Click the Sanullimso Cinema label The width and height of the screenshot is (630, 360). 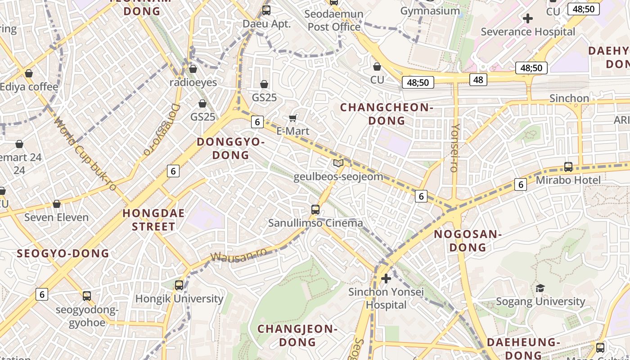(x=315, y=223)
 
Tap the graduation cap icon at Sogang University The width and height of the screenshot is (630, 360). (x=540, y=288)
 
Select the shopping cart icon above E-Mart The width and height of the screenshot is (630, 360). (x=293, y=118)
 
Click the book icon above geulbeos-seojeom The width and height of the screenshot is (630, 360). (x=338, y=163)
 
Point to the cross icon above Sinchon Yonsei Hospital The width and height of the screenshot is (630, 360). (x=386, y=279)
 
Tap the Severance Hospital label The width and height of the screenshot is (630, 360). (x=528, y=32)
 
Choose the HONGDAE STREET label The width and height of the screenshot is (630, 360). (x=154, y=220)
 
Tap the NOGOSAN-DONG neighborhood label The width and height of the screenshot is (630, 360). (x=468, y=241)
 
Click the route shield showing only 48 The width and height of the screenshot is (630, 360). (x=478, y=80)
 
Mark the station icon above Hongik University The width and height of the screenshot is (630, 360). (x=179, y=285)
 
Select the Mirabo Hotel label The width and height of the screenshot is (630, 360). (x=568, y=180)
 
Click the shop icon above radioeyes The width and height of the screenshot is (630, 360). (x=193, y=69)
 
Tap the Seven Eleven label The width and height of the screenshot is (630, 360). (x=56, y=217)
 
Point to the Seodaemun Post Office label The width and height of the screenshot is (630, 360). (x=334, y=20)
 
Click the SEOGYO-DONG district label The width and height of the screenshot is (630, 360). (x=63, y=253)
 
